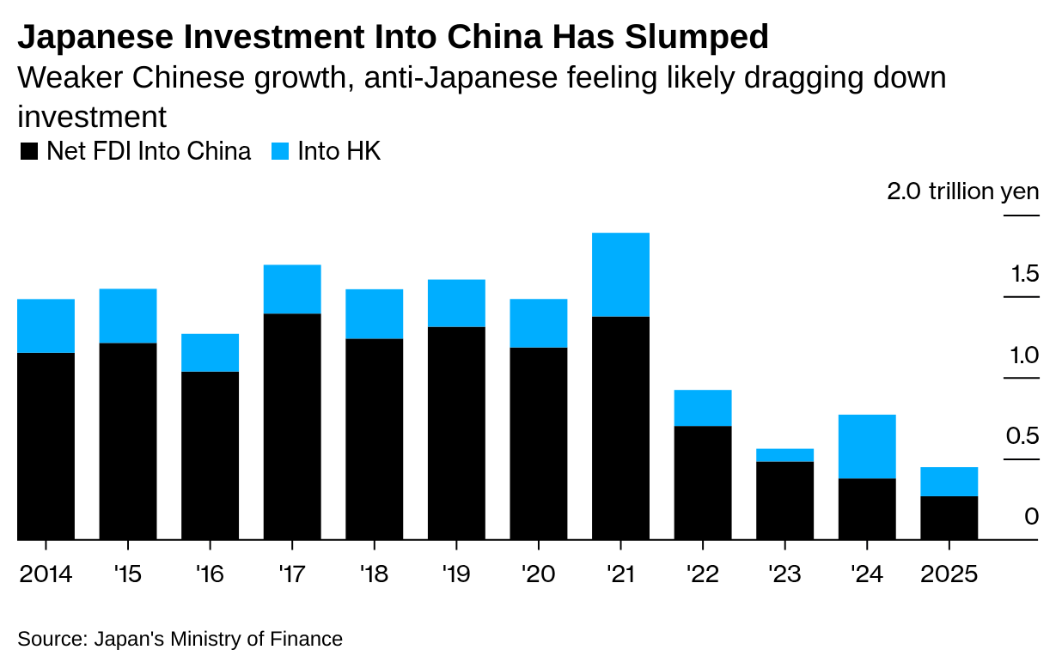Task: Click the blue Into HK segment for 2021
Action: click(x=620, y=275)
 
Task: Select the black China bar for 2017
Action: click(x=292, y=427)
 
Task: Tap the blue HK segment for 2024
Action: click(x=866, y=446)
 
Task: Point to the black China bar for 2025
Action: click(x=949, y=518)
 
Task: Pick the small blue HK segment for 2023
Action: click(x=784, y=455)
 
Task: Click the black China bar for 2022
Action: click(x=703, y=483)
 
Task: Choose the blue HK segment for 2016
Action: click(x=210, y=353)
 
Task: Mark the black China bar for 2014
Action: click(x=46, y=446)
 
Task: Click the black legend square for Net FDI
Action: click(x=29, y=153)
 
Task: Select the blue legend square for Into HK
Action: click(x=281, y=153)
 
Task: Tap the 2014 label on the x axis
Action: click(x=46, y=574)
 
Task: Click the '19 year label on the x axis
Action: click(x=455, y=574)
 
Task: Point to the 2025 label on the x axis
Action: click(x=949, y=574)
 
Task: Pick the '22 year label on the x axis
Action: click(x=702, y=574)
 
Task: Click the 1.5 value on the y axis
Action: click(x=1025, y=275)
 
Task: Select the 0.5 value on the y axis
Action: click(x=1023, y=437)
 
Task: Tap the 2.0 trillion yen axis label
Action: click(x=962, y=191)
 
